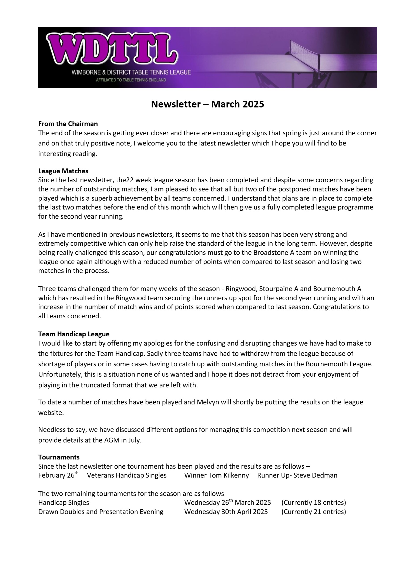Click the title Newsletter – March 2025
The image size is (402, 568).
click(207, 104)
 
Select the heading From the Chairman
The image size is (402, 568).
click(68, 124)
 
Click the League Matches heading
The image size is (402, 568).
click(63, 171)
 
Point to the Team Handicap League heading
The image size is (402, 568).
click(74, 334)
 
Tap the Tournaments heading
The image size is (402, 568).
click(59, 457)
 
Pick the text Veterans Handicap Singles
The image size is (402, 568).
click(127, 475)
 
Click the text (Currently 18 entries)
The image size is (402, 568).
click(313, 503)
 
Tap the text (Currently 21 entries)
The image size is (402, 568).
click(313, 512)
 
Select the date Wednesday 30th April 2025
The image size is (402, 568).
click(226, 512)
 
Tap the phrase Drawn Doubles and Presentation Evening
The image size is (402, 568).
click(101, 512)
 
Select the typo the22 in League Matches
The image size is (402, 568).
click(126, 180)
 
